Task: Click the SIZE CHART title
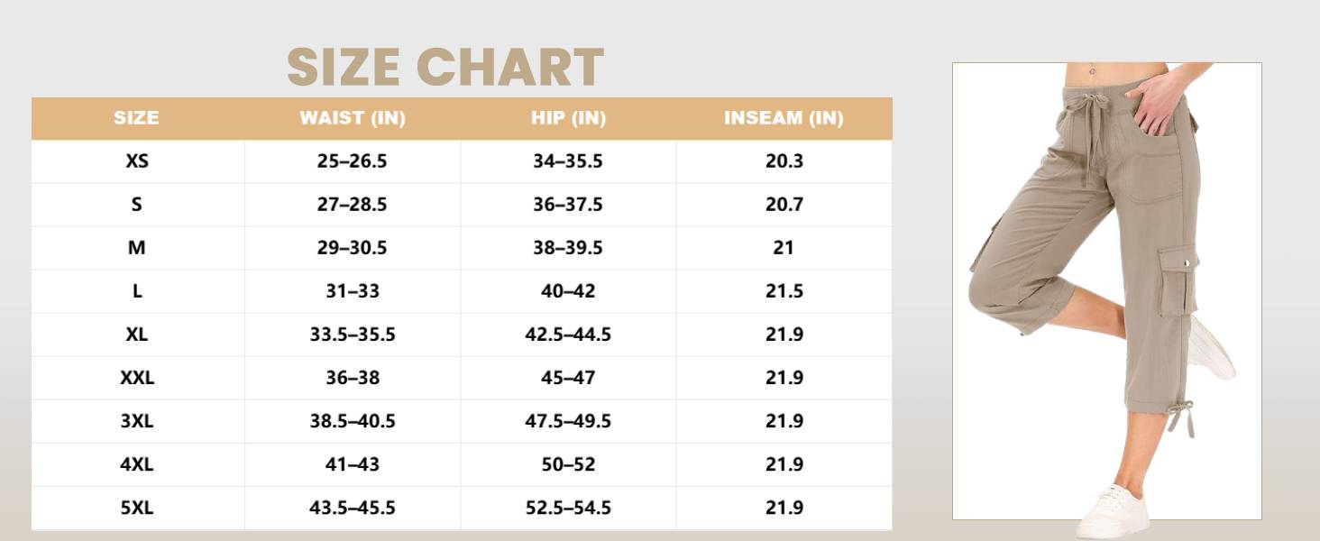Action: (x=445, y=67)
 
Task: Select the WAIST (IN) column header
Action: (x=353, y=118)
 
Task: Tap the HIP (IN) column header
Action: (x=568, y=118)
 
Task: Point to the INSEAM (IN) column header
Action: (x=784, y=118)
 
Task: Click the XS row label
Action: (x=137, y=160)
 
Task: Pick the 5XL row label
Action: (x=137, y=508)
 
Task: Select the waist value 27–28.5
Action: (x=352, y=205)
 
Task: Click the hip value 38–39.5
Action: (x=568, y=248)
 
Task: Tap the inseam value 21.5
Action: (x=784, y=291)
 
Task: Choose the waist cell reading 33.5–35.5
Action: (x=353, y=335)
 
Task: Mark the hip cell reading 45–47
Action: (x=568, y=378)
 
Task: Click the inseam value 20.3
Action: (x=784, y=160)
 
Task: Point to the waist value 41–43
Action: (x=353, y=464)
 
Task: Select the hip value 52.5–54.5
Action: (x=568, y=508)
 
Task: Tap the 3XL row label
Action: (x=137, y=421)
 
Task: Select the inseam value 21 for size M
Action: (x=784, y=248)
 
